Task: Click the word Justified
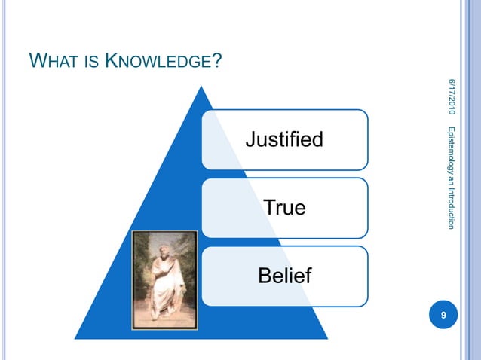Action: [x=284, y=139]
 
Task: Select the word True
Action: [x=284, y=207]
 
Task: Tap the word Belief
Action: [x=284, y=276]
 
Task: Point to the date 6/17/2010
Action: [x=452, y=96]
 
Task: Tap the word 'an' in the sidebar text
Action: [x=452, y=182]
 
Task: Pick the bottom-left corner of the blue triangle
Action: [x=75, y=338]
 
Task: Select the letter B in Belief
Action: [x=265, y=276]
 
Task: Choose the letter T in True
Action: [x=269, y=207]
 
